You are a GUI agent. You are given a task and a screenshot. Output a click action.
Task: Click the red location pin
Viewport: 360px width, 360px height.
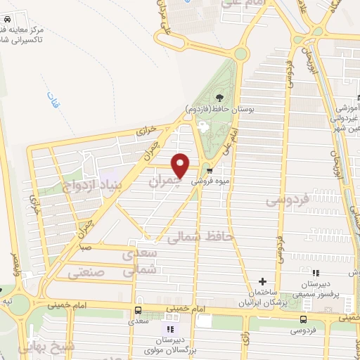pyautogui.click(x=181, y=165)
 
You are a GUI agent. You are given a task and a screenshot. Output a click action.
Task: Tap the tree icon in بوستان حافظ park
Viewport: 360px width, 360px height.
pyautogui.click(x=219, y=98)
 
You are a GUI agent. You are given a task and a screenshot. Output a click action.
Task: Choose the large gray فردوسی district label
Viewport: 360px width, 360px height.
pyautogui.click(x=288, y=200)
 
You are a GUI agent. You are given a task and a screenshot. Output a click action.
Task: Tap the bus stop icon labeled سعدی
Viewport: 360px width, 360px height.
pyautogui.click(x=138, y=310)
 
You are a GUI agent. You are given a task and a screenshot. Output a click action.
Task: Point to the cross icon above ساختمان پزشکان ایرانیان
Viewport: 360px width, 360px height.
pyautogui.click(x=262, y=281)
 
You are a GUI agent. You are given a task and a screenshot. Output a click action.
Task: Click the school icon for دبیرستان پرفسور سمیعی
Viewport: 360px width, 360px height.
pyautogui.click(x=316, y=273)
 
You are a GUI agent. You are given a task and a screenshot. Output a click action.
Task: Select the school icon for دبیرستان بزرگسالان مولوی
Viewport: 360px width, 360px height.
pyautogui.click(x=169, y=329)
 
